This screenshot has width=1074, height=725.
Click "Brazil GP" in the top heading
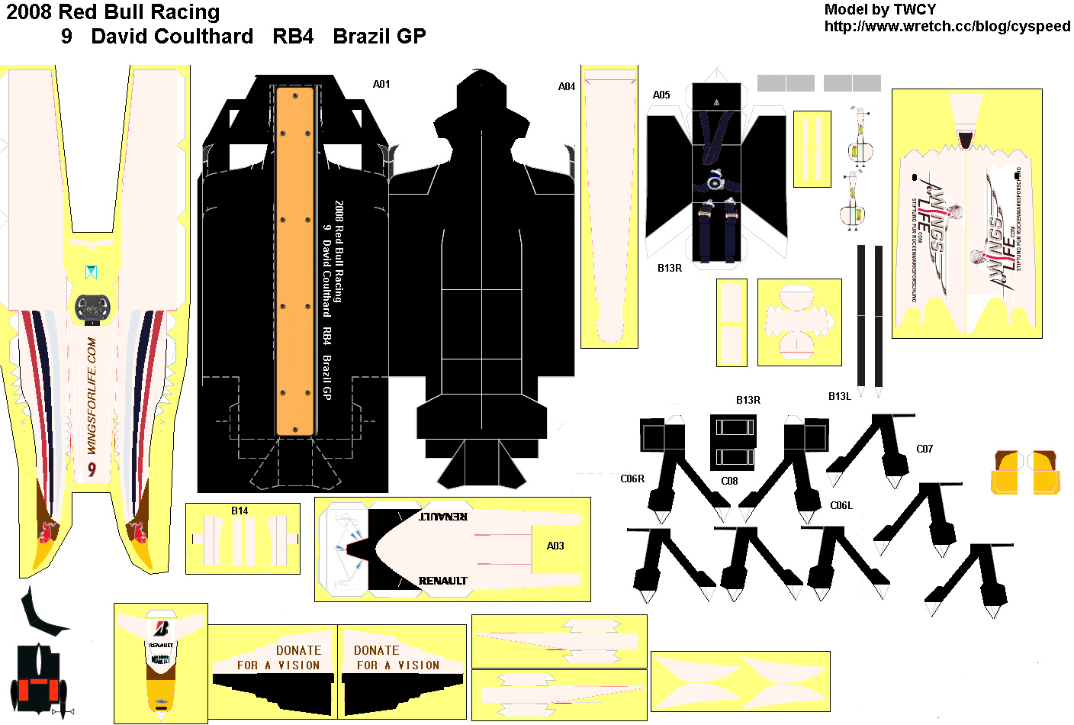coord(379,36)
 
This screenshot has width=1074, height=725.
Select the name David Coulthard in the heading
coord(172,36)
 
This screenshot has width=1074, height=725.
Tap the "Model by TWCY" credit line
coord(879,9)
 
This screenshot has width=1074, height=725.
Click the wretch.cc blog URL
coord(947,26)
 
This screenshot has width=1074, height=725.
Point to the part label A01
coord(381,84)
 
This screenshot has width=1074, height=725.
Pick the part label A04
coord(566,86)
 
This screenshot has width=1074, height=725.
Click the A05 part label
coord(661,95)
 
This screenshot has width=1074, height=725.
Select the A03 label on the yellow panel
coord(555,546)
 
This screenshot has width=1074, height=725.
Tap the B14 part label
coord(240,511)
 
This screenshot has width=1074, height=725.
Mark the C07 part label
coord(924,449)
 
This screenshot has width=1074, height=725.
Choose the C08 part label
coord(729,481)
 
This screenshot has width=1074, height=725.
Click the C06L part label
coord(841,505)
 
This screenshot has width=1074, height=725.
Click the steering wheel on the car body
coord(93,308)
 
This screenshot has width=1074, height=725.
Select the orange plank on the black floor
coord(295,261)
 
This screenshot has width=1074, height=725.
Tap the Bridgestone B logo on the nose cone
coord(161,629)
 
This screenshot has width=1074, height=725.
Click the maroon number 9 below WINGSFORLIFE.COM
coord(92,469)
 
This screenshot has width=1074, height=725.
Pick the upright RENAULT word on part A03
coord(442,581)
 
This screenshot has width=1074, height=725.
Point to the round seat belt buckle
coord(715,183)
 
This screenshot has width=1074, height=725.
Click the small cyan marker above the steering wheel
coord(92,271)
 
